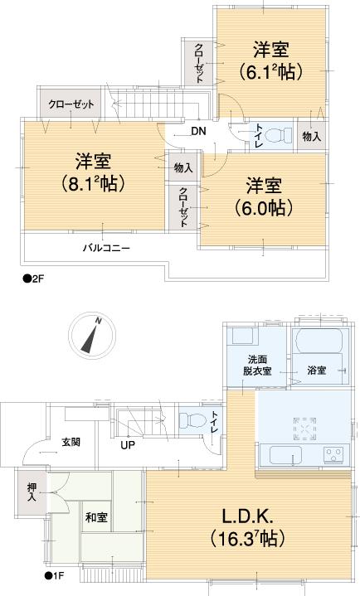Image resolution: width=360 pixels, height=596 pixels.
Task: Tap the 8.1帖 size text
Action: tap(94, 183)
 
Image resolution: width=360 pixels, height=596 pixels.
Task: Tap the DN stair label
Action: tap(199, 131)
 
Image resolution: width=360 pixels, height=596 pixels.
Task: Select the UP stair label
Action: tap(129, 445)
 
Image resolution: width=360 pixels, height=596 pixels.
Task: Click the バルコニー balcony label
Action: tap(105, 247)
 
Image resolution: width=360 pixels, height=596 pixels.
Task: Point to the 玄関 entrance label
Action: tap(71, 441)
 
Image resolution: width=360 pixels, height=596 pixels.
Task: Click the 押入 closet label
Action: tap(30, 494)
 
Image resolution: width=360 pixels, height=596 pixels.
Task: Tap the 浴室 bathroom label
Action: tap(316, 370)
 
